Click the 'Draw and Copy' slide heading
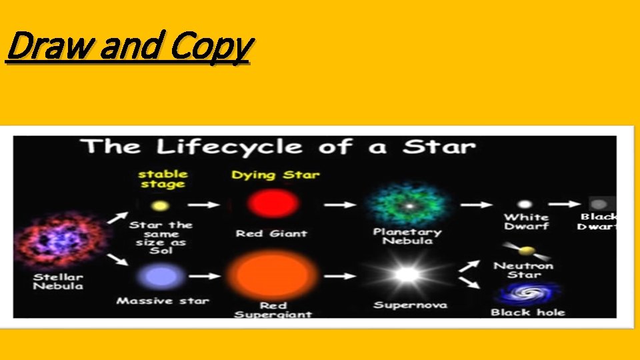(128, 47)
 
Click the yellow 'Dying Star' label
(275, 175)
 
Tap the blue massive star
(160, 275)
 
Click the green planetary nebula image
(405, 204)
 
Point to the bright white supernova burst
(405, 274)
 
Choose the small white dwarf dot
(525, 204)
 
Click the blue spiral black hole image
(526, 294)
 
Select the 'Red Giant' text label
(271, 233)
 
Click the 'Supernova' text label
(410, 305)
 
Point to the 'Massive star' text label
(163, 301)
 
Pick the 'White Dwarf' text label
(527, 222)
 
